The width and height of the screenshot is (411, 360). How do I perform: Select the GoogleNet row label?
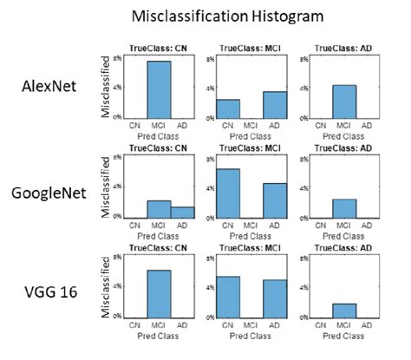[x=49, y=192]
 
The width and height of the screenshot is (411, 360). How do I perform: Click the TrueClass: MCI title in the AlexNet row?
[x=251, y=49]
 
